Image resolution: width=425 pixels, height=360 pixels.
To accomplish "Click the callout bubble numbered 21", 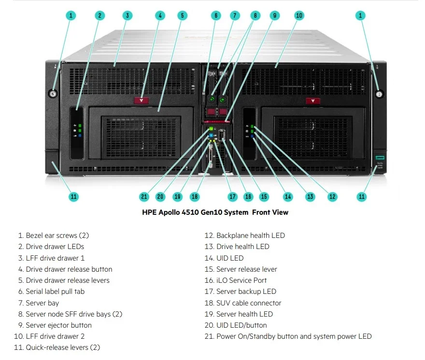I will tap(144, 197).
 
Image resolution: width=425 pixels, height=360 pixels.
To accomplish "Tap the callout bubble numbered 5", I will tap(183, 15).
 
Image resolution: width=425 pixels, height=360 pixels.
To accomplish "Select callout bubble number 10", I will tap(299, 15).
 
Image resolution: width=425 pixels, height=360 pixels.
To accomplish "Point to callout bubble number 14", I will tap(288, 197).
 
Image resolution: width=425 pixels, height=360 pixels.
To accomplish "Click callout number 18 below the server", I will tap(195, 197).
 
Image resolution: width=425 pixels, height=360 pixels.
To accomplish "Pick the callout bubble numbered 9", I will tap(274, 15).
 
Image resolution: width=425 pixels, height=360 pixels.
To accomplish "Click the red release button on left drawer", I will tap(141, 101).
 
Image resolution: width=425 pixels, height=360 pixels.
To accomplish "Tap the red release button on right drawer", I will tap(313, 101).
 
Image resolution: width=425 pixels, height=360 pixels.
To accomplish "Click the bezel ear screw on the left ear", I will tap(53, 94).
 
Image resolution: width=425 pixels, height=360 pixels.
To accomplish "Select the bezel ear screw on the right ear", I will tap(380, 94).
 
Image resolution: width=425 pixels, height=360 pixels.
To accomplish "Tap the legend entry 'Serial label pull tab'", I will tap(55, 291).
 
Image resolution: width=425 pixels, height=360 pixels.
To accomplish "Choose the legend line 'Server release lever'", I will tap(246, 269).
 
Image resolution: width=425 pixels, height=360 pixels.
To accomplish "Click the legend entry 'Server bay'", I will tap(42, 303).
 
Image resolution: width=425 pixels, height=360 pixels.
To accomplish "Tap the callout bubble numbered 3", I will tap(127, 15).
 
